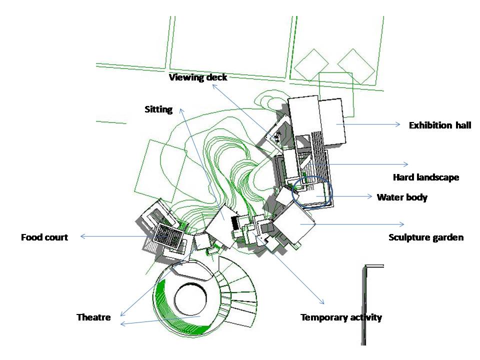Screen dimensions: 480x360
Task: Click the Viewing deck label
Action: tap(198, 77)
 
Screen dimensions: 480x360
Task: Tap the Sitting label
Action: tap(158, 109)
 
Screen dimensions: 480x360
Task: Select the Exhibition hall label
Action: tap(440, 125)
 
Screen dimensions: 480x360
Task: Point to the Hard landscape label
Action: tap(426, 177)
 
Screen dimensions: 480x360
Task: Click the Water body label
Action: tap(402, 197)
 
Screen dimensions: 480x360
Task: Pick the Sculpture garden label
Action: tap(426, 237)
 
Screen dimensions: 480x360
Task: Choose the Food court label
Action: tap(44, 237)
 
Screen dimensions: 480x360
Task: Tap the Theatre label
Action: tap(93, 317)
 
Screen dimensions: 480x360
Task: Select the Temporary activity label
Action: tap(341, 317)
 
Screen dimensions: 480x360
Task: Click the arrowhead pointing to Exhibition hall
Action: tap(398, 124)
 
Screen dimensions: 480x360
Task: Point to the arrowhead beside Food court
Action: tap(82, 236)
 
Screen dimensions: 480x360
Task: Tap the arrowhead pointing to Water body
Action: tap(370, 196)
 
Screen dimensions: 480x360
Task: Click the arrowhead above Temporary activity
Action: tap(321, 301)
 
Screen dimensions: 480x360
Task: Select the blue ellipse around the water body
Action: tap(292, 193)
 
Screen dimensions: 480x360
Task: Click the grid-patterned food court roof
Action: tap(168, 235)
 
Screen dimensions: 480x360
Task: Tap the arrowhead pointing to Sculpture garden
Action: tap(402, 224)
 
